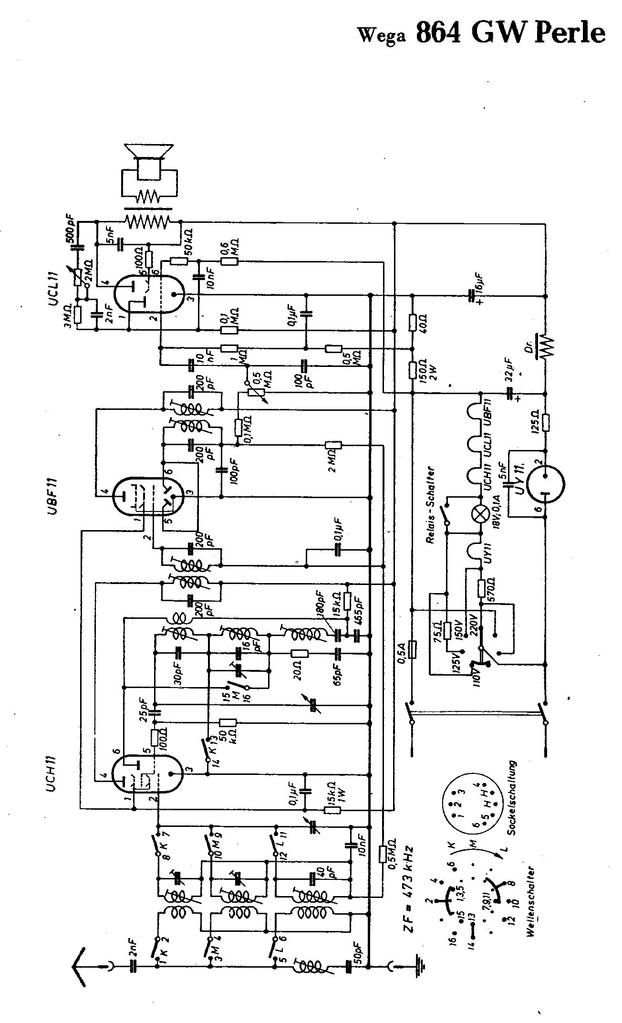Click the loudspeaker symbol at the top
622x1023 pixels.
click(x=148, y=162)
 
